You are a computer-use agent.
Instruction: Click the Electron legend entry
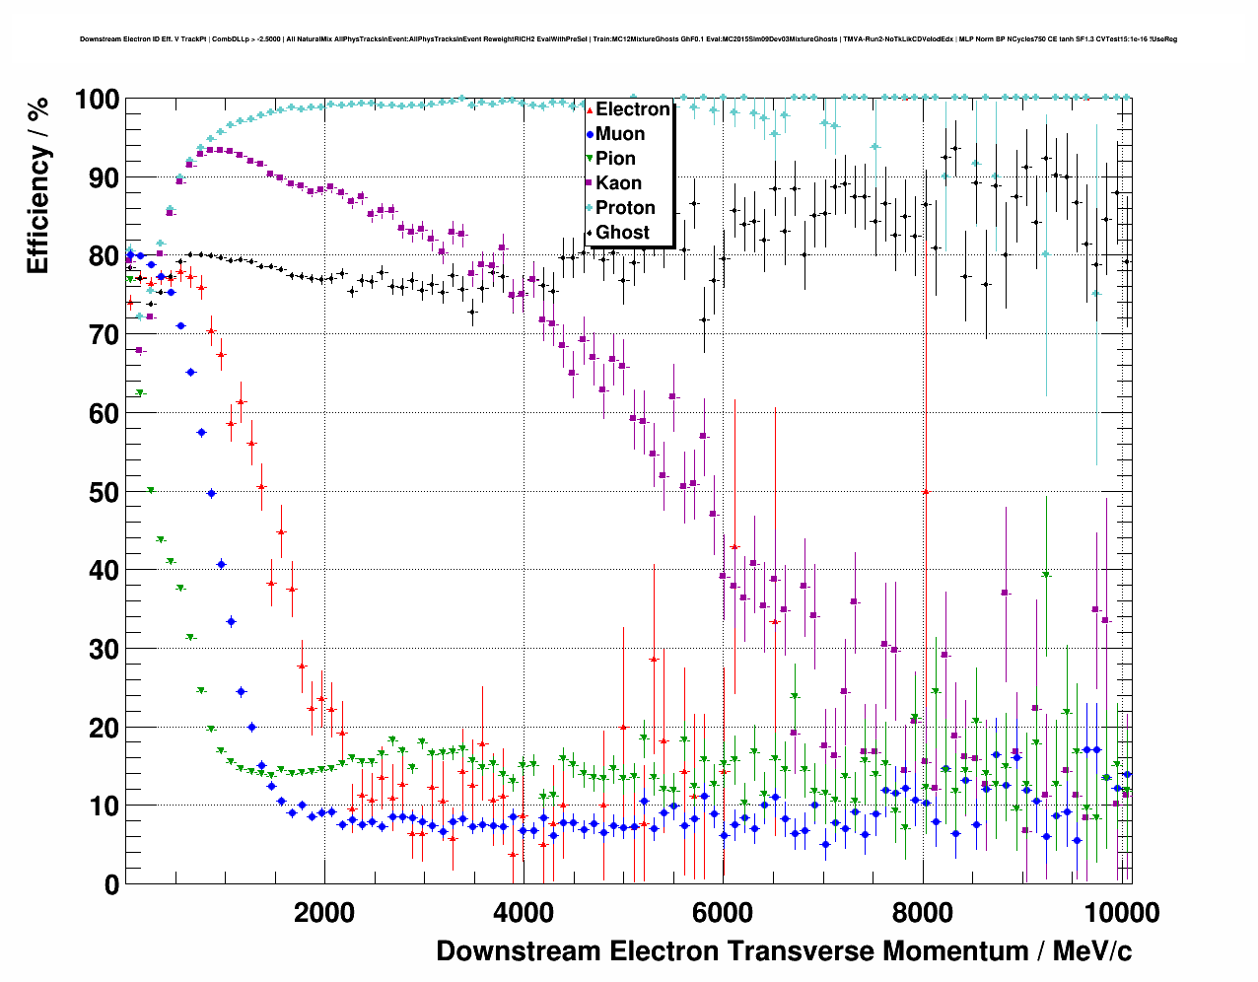coord(632,109)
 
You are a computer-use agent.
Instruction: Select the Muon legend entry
coord(620,134)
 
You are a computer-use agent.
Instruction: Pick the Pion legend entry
coord(615,159)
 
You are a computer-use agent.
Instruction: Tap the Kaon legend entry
coord(618,183)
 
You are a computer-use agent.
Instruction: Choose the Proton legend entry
coord(625,208)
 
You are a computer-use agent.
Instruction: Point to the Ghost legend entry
coord(622,233)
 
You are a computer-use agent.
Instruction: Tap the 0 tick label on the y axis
coord(111,884)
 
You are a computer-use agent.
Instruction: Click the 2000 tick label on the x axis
coord(324,913)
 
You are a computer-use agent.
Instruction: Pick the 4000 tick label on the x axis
coord(524,913)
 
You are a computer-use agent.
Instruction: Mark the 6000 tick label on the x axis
coord(723,913)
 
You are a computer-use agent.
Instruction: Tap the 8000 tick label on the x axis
coord(923,913)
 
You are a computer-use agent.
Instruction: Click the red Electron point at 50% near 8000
coord(925,491)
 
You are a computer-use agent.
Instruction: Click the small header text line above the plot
coord(628,39)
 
